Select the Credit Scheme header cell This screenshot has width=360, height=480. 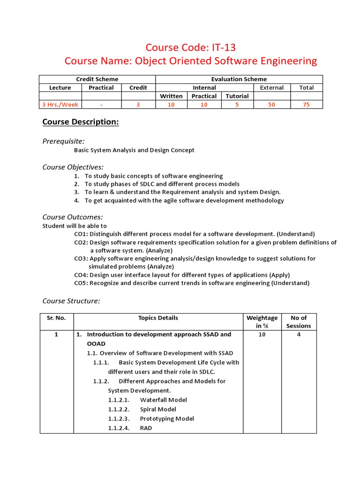pyautogui.click(x=97, y=79)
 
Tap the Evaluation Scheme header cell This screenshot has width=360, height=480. pyautogui.click(x=239, y=79)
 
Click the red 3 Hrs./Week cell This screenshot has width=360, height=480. pyautogui.click(x=60, y=105)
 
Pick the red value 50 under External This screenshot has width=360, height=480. pyautogui.click(x=271, y=105)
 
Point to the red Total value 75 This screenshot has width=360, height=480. pyautogui.click(x=306, y=105)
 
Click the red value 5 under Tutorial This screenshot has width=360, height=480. pyautogui.click(x=237, y=105)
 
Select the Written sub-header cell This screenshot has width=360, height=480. pyautogui.click(x=171, y=96)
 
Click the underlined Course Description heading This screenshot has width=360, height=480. pyautogui.click(x=81, y=122)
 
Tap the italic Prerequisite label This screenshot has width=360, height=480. pyautogui.click(x=64, y=141)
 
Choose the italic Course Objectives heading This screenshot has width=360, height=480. pyautogui.click(x=73, y=167)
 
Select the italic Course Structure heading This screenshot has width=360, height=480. pyautogui.click(x=71, y=301)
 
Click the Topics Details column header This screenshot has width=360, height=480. pyautogui.click(x=158, y=318)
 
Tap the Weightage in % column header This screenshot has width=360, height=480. pyautogui.click(x=262, y=322)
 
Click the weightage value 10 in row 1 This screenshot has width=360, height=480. pyautogui.click(x=262, y=335)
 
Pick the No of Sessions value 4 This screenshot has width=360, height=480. pyautogui.click(x=299, y=335)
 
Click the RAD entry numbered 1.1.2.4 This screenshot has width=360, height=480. pyautogui.click(x=146, y=428)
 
